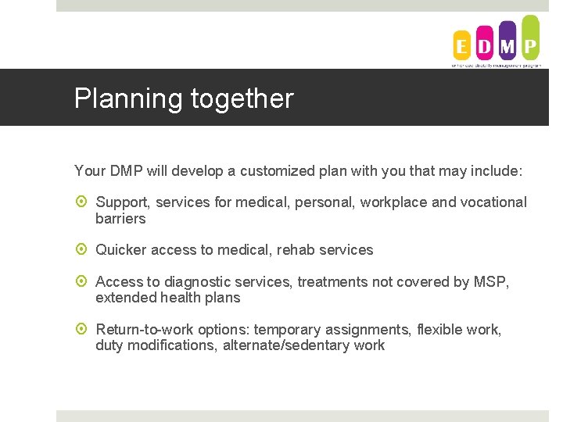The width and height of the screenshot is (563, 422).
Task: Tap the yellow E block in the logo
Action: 462,46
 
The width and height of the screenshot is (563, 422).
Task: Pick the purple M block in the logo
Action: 507,42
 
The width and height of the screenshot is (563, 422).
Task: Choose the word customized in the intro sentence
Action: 272,170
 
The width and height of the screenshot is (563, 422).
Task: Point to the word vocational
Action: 493,202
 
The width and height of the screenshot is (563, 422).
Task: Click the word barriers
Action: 120,219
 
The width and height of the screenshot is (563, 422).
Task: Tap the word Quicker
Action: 121,250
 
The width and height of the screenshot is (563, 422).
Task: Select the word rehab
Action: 296,250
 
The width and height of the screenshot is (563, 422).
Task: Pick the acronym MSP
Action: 490,282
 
